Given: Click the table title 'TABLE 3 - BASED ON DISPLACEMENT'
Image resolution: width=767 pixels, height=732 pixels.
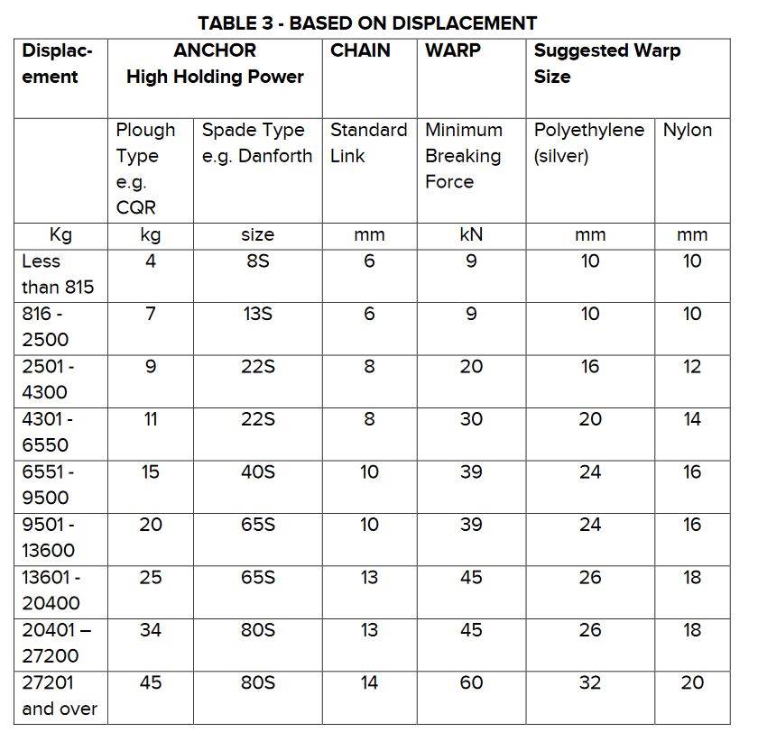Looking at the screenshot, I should (367, 23).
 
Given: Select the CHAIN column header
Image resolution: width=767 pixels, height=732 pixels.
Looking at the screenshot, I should (360, 50).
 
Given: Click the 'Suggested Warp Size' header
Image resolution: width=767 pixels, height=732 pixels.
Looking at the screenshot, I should (606, 63).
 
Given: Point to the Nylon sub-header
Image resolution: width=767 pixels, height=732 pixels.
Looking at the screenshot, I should (688, 130).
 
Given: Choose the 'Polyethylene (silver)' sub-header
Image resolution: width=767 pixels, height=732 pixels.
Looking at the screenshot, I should (588, 142).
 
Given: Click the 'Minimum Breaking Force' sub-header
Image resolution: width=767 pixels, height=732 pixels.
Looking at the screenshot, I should (463, 155).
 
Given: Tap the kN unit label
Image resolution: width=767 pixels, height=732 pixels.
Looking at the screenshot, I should (471, 234).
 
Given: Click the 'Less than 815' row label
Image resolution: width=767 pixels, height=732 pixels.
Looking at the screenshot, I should (57, 274).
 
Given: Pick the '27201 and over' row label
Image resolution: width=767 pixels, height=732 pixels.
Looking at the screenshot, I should (59, 695).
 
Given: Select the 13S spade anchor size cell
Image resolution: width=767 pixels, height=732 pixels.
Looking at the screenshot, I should (257, 314).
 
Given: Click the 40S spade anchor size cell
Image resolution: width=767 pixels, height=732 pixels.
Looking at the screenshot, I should (257, 471).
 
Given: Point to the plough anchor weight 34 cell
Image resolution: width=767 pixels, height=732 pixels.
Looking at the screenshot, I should (151, 630).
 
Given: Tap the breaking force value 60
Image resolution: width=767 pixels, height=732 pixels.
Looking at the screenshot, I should (471, 682).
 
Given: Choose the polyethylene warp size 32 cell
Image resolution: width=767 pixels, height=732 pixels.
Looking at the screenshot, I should (589, 682).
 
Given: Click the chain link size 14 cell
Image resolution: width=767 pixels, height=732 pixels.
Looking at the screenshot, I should (369, 682).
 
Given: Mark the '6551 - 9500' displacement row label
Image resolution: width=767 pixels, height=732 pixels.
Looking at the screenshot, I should (48, 484).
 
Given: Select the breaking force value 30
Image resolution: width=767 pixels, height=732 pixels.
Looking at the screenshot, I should (471, 419).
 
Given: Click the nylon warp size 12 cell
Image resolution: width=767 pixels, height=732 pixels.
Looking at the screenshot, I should (692, 367).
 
